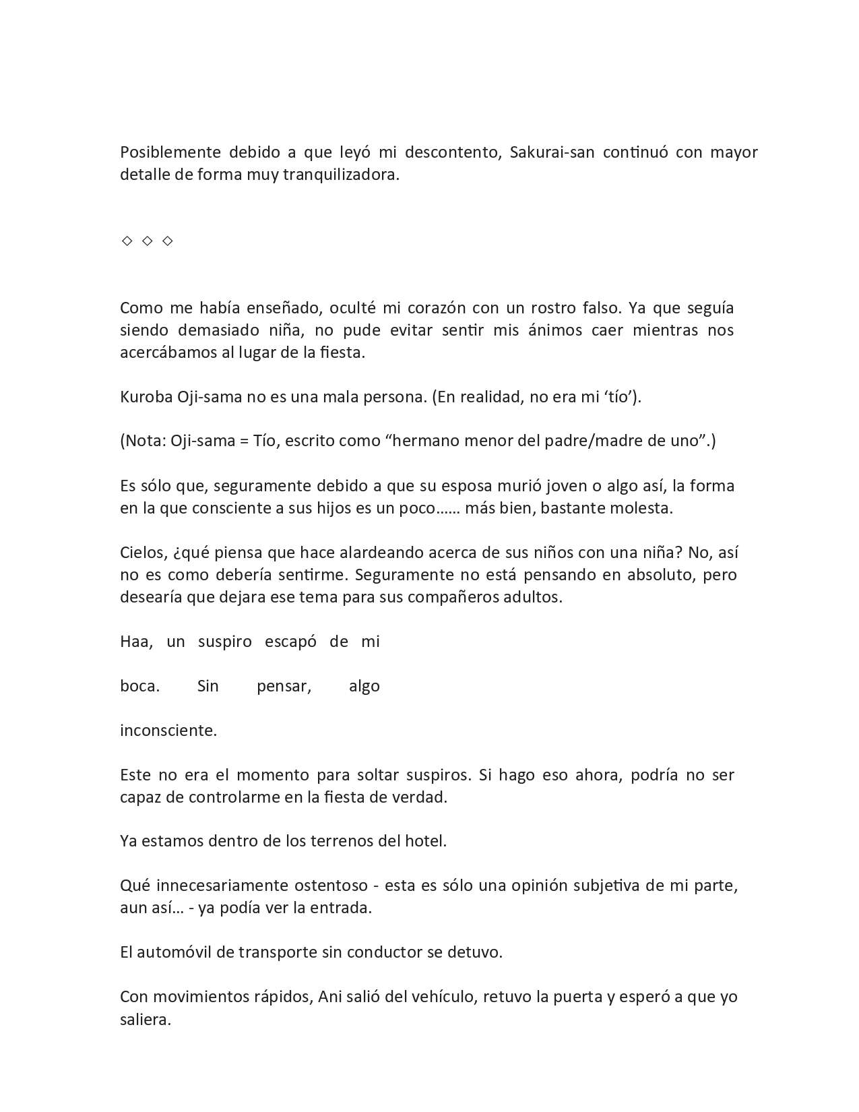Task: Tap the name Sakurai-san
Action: tap(552, 152)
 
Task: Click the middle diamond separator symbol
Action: tap(148, 241)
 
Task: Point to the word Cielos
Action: tap(142, 553)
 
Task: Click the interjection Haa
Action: tap(135, 642)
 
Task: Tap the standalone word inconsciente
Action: tap(168, 731)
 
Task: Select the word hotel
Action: tap(424, 841)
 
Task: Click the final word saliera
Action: tap(145, 1019)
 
